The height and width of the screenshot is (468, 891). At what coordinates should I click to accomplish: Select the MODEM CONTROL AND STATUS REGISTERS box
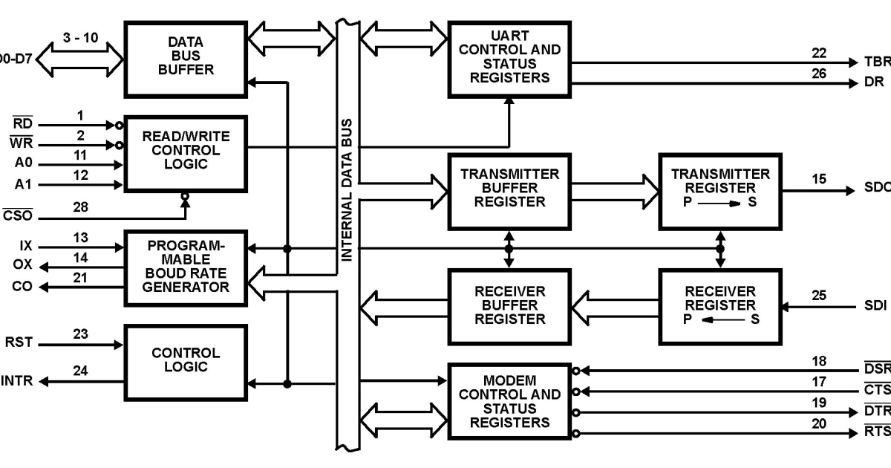509,402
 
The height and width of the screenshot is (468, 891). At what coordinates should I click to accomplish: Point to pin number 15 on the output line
818,179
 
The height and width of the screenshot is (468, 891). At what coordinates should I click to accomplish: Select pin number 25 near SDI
818,296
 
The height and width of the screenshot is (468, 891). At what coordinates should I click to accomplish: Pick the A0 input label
23,164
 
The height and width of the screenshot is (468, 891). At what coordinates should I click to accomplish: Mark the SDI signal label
875,305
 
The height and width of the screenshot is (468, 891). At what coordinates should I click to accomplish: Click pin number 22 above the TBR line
818,53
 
